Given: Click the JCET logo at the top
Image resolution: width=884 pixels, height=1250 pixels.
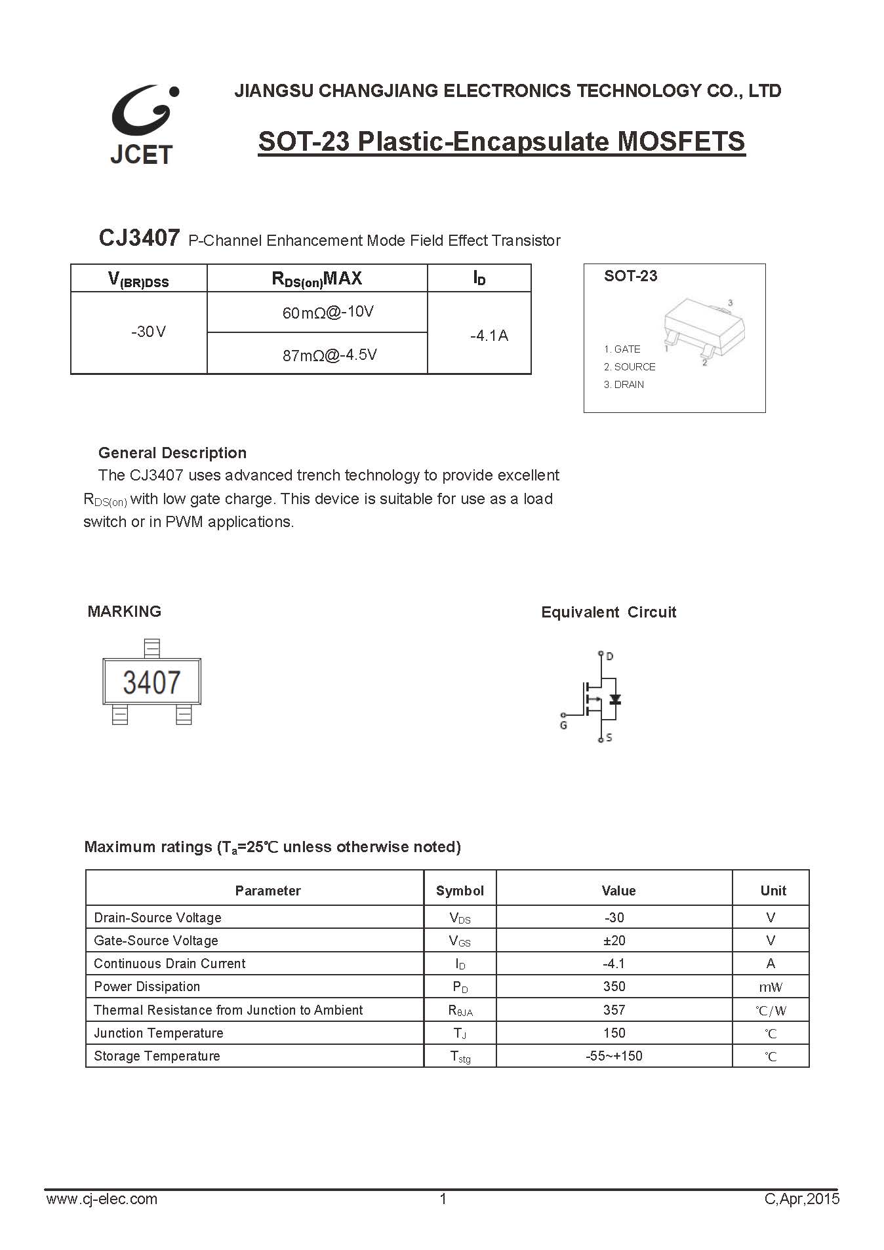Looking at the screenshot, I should [143, 125].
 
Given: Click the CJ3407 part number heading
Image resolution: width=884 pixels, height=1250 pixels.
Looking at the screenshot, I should [138, 238].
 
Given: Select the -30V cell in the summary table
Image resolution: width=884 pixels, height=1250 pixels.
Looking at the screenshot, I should [148, 332].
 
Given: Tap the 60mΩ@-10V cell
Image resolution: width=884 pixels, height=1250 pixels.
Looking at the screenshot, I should [328, 312].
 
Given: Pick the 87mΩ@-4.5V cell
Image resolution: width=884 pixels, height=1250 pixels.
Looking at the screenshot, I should [329, 355].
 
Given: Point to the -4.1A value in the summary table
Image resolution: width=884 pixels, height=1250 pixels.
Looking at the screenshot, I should [489, 336].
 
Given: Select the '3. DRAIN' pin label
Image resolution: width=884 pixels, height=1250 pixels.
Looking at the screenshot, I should [624, 385].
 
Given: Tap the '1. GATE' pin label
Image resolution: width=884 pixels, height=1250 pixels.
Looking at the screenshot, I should [622, 349].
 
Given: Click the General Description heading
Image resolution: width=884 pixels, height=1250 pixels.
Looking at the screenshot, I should [172, 453].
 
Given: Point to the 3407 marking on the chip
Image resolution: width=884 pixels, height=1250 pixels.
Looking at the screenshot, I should [151, 682].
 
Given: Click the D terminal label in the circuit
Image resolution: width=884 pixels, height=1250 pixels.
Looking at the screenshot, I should [610, 656].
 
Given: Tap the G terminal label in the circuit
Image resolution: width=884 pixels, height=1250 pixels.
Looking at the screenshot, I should [563, 726].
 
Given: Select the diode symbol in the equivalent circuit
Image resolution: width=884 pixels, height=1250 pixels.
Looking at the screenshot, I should [614, 699].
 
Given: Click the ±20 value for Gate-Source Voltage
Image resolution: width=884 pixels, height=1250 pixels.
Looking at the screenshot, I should [614, 941].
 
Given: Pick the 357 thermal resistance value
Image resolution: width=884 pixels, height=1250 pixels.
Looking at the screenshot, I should [614, 1010].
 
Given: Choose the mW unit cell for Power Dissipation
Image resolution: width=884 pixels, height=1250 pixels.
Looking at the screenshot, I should [771, 987].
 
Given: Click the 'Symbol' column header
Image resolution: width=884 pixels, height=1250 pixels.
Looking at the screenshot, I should [460, 891].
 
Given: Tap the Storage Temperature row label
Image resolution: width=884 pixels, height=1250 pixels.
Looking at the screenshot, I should [157, 1056].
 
